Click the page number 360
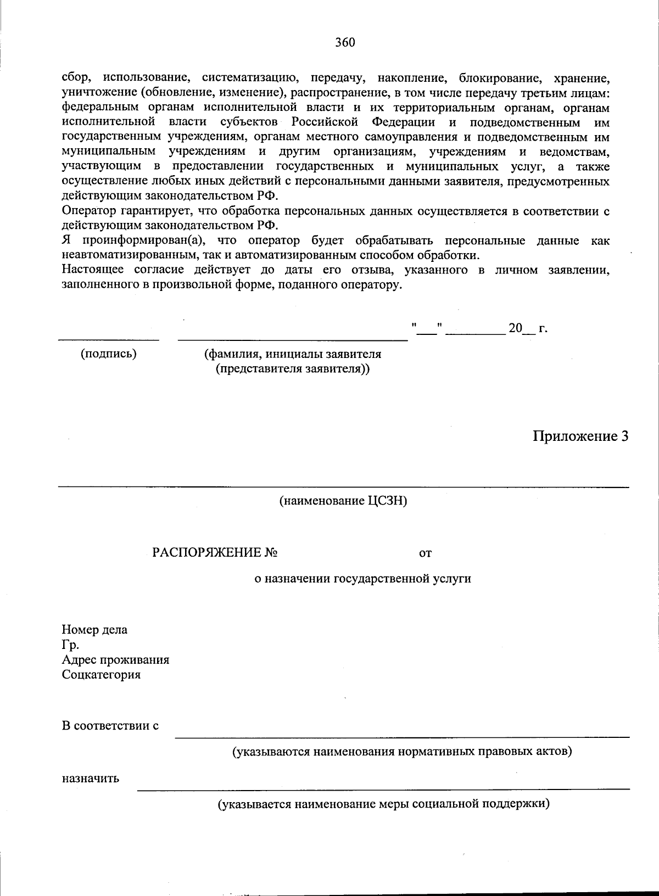point(345,42)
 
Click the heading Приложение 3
point(579,436)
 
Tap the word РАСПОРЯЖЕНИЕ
point(207,553)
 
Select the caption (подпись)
point(109,354)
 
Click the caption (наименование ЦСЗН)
point(343,501)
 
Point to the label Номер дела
point(94,630)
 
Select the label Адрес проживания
point(115,659)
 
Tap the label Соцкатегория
point(101,674)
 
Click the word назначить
point(90,779)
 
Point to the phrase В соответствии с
point(110,726)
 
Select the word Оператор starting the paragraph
point(88,211)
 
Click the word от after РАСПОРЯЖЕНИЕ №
point(425,553)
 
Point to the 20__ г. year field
point(528,329)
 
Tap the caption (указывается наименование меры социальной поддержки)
point(384,804)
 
